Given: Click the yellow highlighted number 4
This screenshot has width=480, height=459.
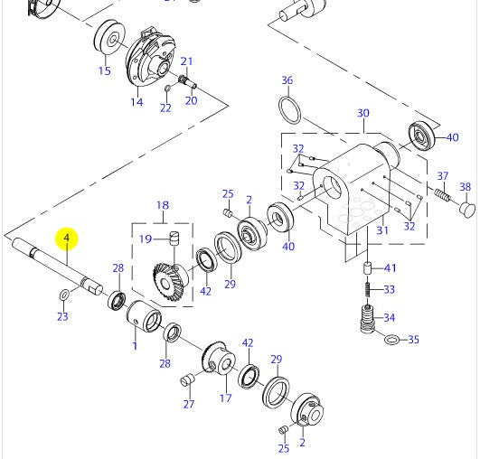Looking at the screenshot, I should point(66,239).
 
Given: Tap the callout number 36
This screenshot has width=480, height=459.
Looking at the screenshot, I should point(287,81).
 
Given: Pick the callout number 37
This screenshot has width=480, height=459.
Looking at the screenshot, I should point(443,175).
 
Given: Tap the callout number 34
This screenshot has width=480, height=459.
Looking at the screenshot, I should point(390,317).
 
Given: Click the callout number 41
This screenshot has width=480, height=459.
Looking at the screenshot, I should point(390,268).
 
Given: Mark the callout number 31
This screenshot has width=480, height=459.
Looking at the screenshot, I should point(381,230).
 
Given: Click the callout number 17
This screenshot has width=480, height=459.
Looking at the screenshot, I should point(226,397).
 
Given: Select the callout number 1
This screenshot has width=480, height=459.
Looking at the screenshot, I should point(135,345).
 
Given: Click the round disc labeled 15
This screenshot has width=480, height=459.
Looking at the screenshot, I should point(113,41).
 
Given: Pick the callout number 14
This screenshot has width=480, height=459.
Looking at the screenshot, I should point(136,102).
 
